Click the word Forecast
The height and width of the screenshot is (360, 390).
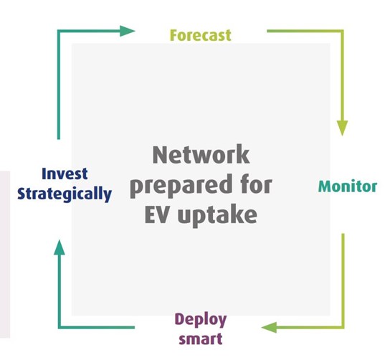[x=200, y=34]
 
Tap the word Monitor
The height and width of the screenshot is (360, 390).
[x=347, y=186]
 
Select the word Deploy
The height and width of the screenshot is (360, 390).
[x=200, y=318]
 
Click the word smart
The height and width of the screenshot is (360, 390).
[x=200, y=337]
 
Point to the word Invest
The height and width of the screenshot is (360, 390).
[x=65, y=174]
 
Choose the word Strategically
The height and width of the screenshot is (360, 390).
[x=65, y=194]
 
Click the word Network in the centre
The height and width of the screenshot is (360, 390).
[x=201, y=155]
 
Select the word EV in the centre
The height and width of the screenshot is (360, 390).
[x=166, y=214]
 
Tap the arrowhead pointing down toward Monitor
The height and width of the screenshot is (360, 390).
[x=343, y=128]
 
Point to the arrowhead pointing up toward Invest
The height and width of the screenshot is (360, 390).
[x=60, y=248]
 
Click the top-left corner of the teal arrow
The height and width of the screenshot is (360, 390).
[x=60, y=31]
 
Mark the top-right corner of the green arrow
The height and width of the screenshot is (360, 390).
[x=343, y=31]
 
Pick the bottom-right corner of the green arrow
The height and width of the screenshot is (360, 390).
[x=343, y=328]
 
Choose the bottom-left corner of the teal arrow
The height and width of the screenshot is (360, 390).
[x=60, y=328]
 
